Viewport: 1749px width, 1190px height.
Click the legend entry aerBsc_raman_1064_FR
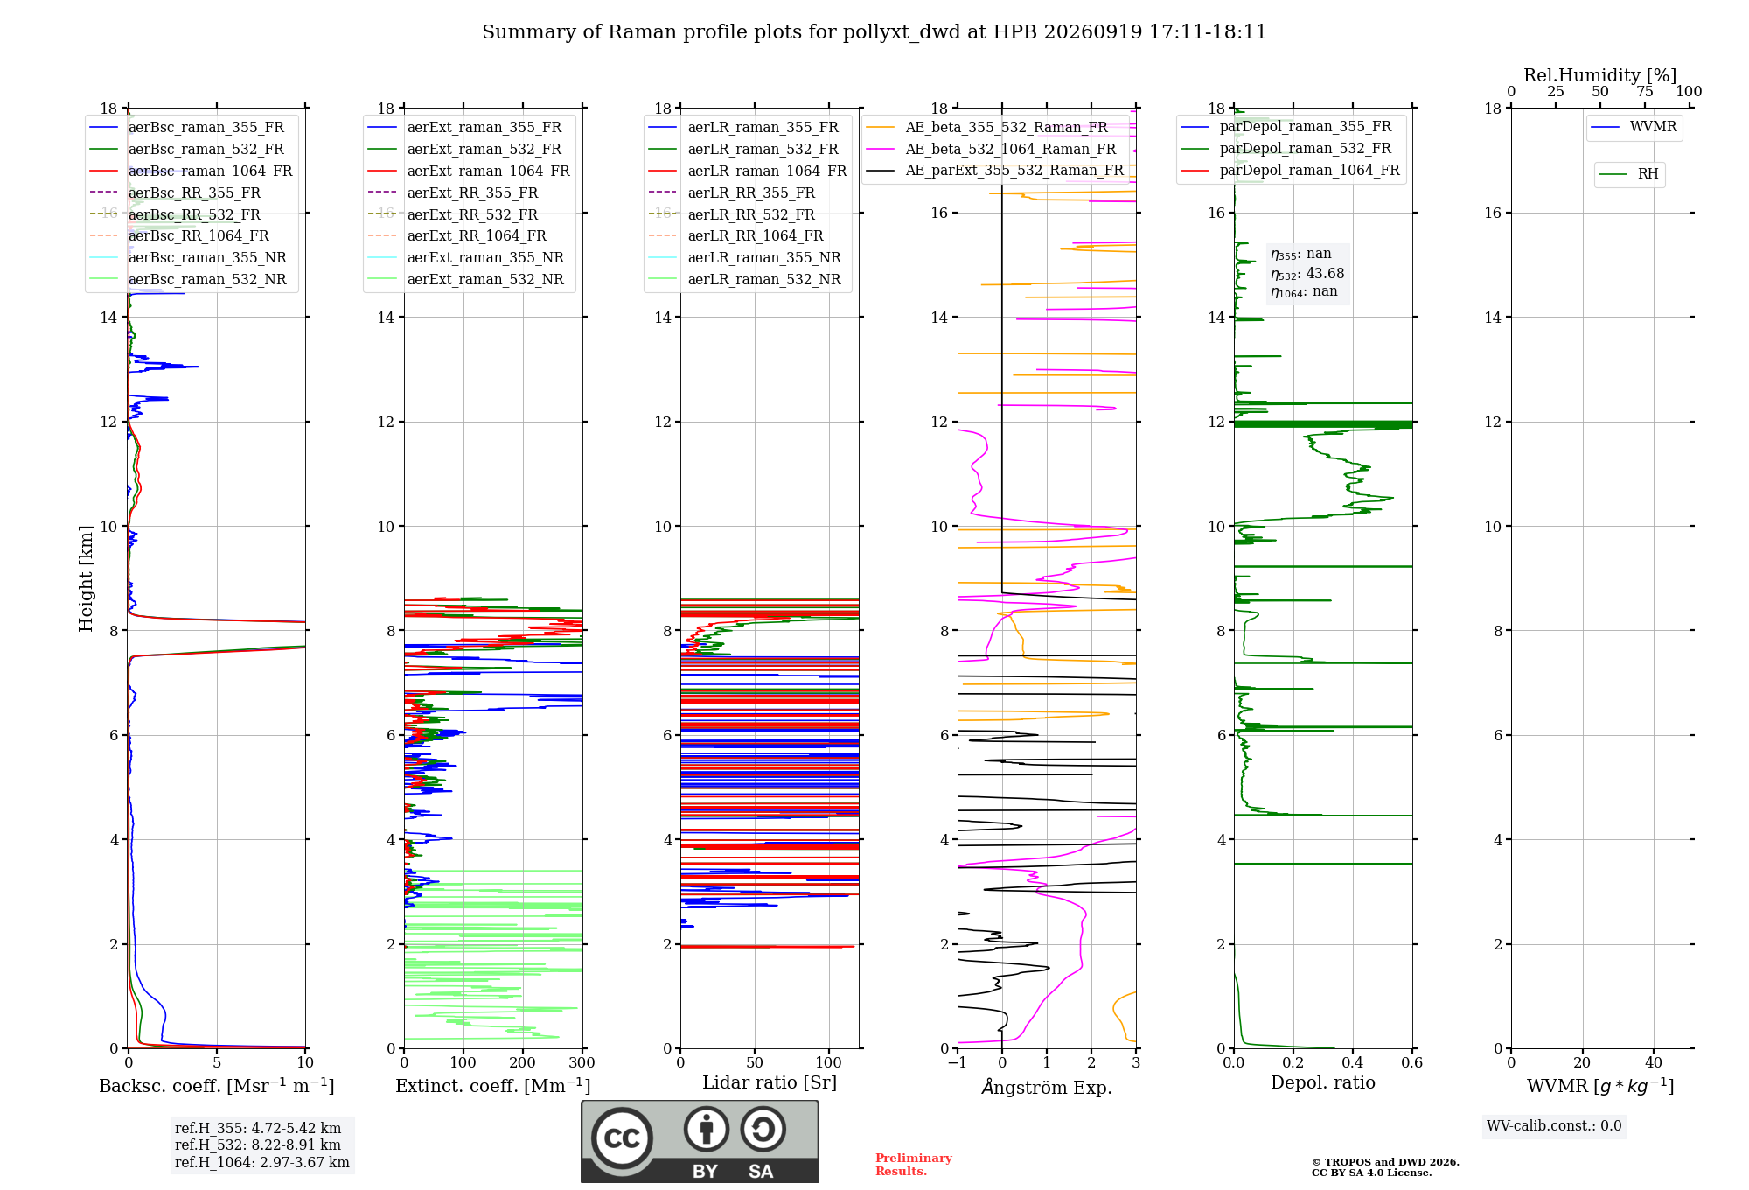[x=191, y=171]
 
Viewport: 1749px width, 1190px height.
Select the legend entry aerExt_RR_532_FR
[x=453, y=214]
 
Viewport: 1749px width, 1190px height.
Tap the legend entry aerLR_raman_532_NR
[x=745, y=280]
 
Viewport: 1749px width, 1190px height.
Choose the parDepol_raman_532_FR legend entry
[x=1286, y=149]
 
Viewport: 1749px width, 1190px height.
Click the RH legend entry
[x=1628, y=174]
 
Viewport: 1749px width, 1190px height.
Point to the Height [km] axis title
[x=86, y=578]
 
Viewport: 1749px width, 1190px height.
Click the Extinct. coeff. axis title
[x=493, y=1086]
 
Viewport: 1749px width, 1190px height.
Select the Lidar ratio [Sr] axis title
[x=770, y=1082]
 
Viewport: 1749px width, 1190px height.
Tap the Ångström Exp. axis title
[x=1047, y=1087]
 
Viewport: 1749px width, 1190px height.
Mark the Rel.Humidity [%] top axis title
[x=1600, y=75]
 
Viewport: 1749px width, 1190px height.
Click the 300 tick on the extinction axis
[x=582, y=1063]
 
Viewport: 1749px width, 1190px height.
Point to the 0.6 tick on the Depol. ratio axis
[x=1412, y=1063]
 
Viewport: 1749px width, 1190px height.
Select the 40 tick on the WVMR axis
[x=1654, y=1063]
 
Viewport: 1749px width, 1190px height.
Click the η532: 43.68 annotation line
[x=1307, y=274]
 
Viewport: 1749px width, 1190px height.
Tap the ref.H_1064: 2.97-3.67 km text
[x=262, y=1163]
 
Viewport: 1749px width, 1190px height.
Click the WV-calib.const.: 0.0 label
[x=1554, y=1126]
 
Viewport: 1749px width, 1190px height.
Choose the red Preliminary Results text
[x=914, y=1165]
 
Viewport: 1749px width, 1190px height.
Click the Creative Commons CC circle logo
[x=622, y=1138]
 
